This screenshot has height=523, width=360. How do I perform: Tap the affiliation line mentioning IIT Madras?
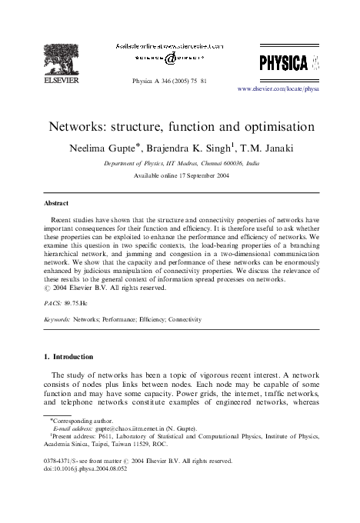180,164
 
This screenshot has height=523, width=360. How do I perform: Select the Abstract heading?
55,203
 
